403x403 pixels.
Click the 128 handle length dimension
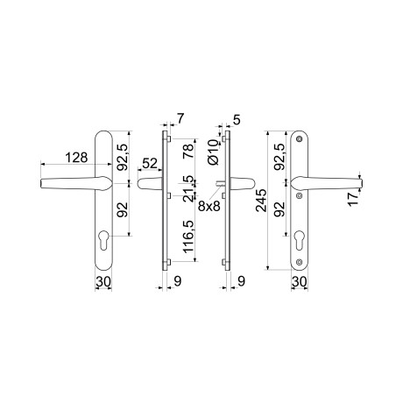76,158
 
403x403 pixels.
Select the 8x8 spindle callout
209,206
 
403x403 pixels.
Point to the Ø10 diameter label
214,152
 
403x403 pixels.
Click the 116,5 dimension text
188,237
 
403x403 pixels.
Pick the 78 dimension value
188,152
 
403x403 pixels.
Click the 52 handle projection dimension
150,164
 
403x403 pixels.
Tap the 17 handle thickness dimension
353,199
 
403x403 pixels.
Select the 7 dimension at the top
180,118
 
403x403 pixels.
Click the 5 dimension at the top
237,120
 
